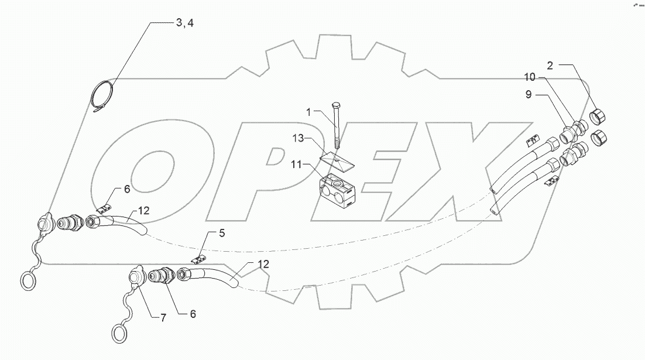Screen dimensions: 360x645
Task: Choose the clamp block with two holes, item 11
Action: (335, 186)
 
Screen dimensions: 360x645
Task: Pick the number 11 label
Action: (299, 166)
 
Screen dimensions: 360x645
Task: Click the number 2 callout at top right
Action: (550, 65)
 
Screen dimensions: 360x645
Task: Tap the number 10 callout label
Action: (529, 77)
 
